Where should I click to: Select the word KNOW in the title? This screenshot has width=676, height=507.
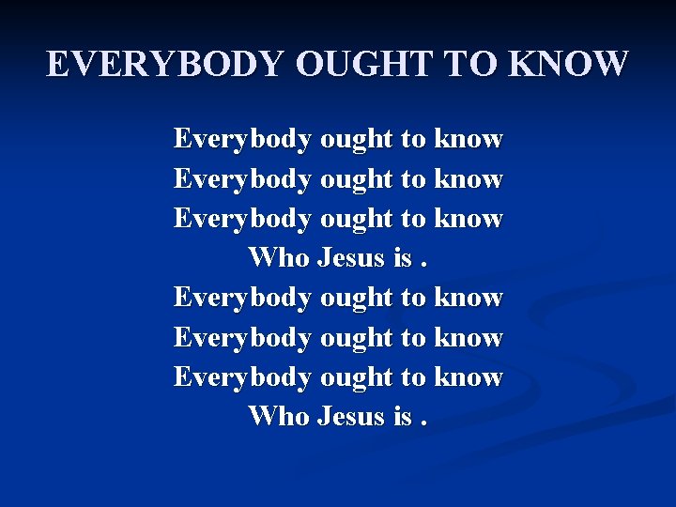(569, 64)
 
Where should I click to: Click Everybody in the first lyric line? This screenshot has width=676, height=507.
(242, 140)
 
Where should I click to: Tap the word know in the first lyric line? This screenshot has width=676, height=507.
(469, 140)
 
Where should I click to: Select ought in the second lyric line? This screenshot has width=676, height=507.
(357, 179)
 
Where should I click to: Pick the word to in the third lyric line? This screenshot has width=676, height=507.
(413, 219)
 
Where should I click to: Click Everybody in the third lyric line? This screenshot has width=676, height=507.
(242, 219)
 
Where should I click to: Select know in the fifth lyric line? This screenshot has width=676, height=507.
(469, 298)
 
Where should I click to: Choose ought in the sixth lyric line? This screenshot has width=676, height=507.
(357, 337)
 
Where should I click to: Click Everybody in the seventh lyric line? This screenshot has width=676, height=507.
(242, 377)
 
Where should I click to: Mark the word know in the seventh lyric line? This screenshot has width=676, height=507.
(469, 377)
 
